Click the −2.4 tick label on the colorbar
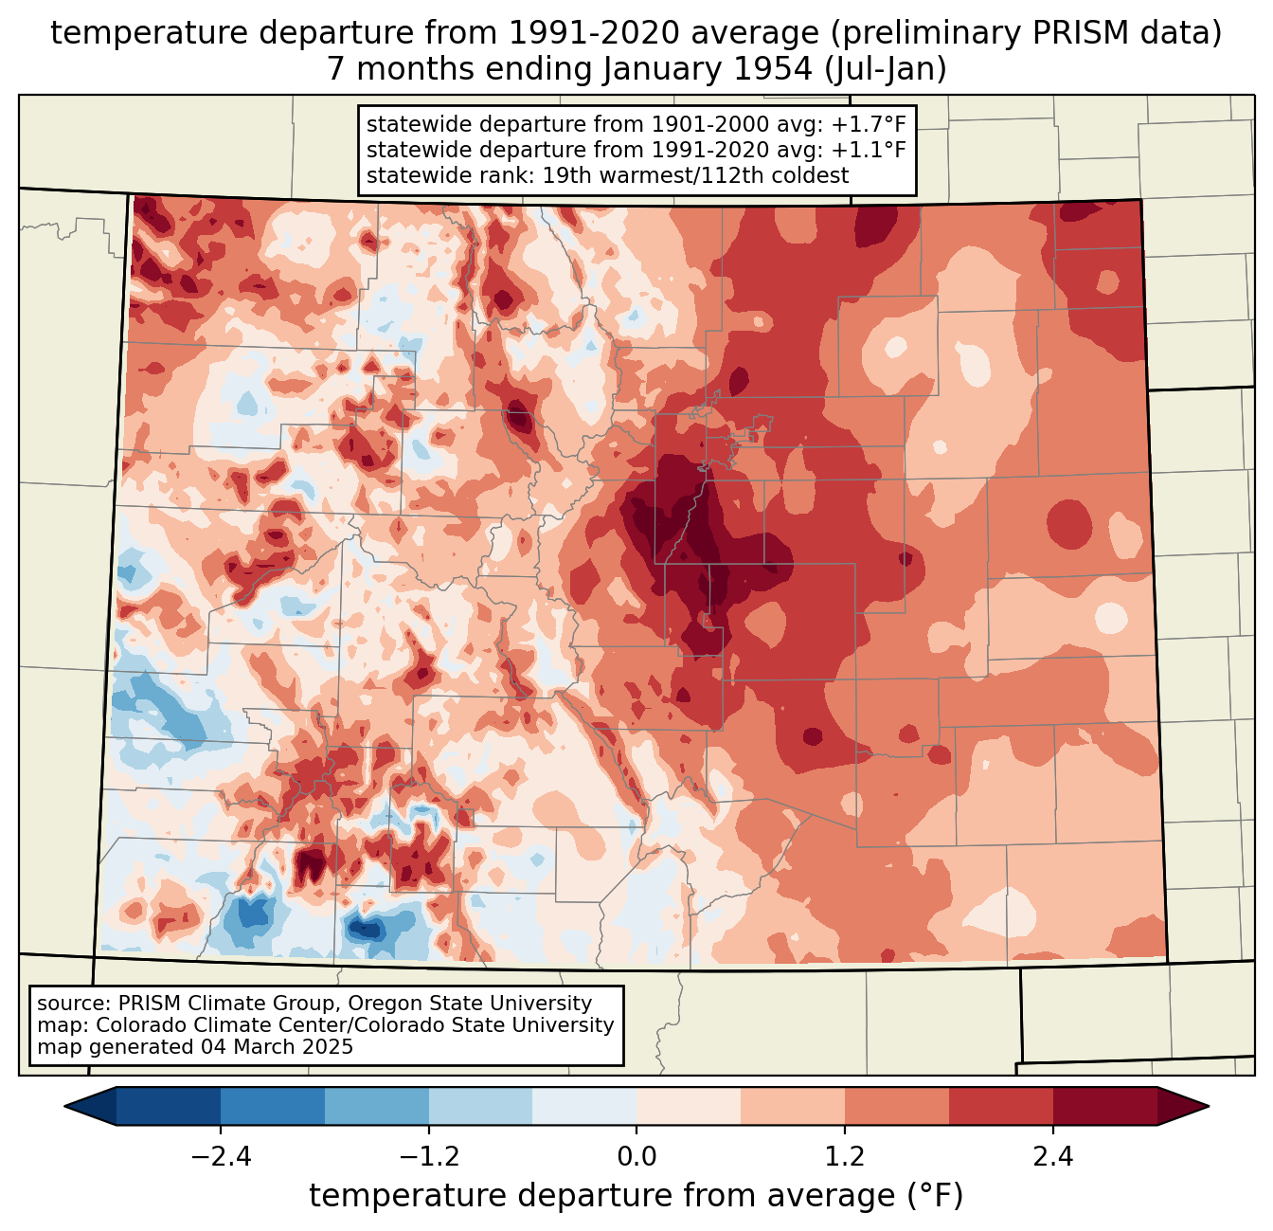point(221,1157)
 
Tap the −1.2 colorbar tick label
point(429,1157)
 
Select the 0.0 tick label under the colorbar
point(636,1157)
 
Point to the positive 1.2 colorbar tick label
point(845,1157)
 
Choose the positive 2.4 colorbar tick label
point(1053,1157)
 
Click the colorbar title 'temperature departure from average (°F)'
point(636,1196)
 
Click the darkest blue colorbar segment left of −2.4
point(169,1106)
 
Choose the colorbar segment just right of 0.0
point(689,1106)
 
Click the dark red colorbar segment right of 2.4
point(1105,1106)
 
